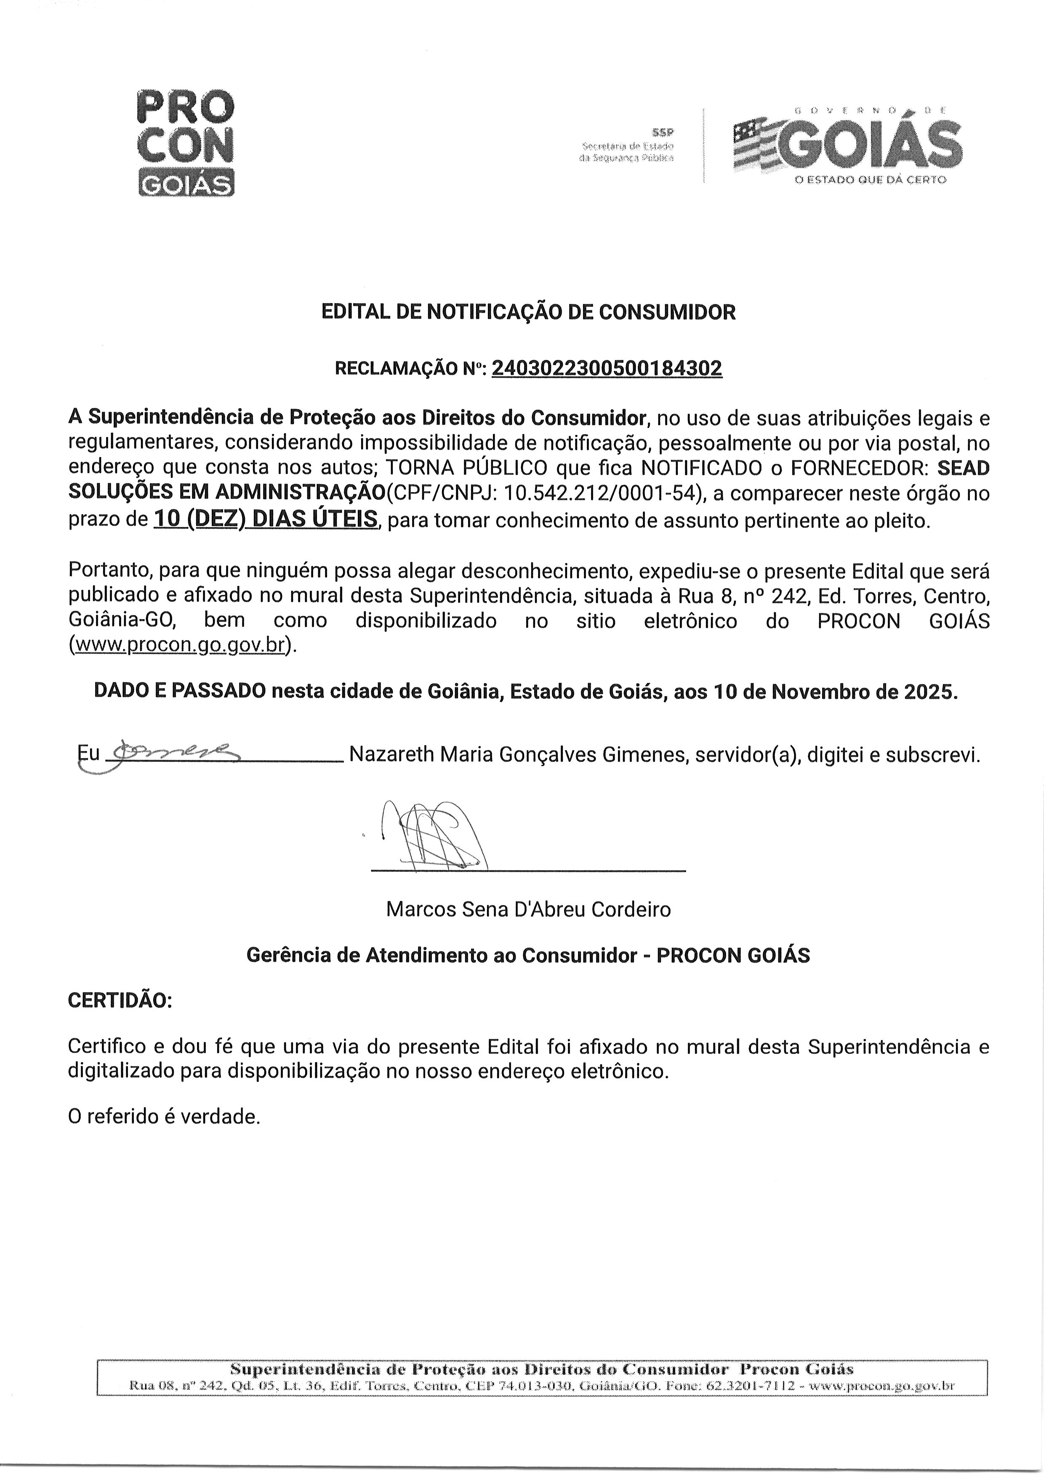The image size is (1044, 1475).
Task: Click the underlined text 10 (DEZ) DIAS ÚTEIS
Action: point(266,519)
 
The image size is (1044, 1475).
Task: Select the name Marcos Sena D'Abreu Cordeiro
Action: point(528,909)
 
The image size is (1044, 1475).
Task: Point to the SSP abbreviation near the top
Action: point(662,133)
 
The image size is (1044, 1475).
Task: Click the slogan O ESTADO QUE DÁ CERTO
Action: point(871,180)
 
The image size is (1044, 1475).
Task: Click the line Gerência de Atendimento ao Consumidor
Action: point(441,956)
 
